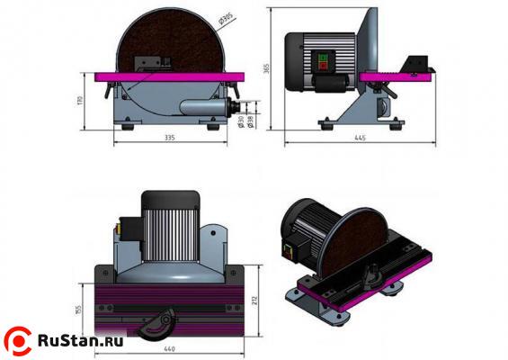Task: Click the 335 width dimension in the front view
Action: pos(169,139)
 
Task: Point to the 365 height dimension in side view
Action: pos(267,68)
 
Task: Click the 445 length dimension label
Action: pos(359,139)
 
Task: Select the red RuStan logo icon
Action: pos(17,339)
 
